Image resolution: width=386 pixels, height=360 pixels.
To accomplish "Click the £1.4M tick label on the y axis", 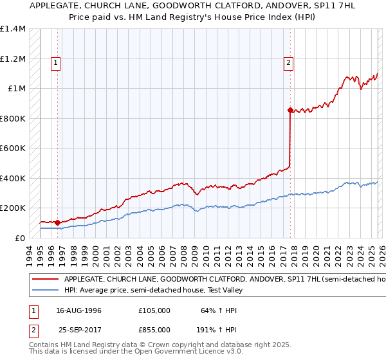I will pyautogui.click(x=13, y=29).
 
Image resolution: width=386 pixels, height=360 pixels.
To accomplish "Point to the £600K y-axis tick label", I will pyautogui.click(x=13, y=148).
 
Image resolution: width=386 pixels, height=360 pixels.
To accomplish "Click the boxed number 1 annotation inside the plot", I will pyautogui.click(x=57, y=63).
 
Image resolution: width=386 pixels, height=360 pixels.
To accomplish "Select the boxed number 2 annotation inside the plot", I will pyautogui.click(x=288, y=63).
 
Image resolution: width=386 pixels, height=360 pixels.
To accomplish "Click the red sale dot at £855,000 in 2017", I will pyautogui.click(x=290, y=110).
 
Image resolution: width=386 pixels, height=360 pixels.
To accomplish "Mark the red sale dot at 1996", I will pyautogui.click(x=58, y=222).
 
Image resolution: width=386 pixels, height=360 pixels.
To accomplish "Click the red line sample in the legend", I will pyautogui.click(x=45, y=280).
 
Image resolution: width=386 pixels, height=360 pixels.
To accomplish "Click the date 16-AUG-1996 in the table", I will pyautogui.click(x=78, y=310).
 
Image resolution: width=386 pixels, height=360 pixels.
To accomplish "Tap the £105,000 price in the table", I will pyautogui.click(x=154, y=310).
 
